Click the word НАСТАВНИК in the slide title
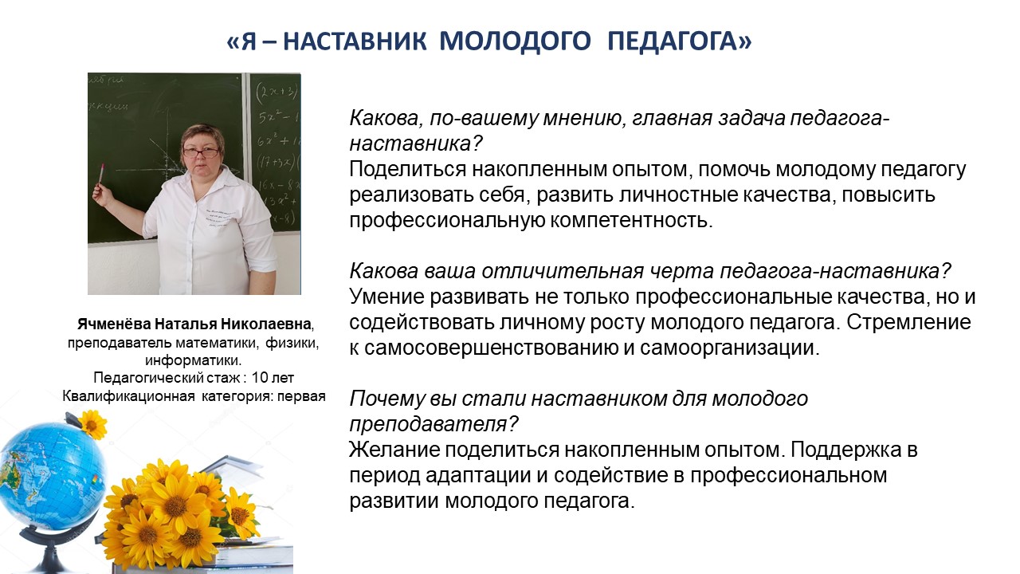pos(355,41)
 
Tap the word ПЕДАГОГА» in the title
pos(680,41)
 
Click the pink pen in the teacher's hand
pos(100,175)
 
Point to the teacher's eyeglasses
pos(200,152)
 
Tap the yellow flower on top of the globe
pos(92,424)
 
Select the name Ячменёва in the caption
pos(114,324)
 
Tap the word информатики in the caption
pos(192,360)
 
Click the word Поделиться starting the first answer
pos(408,170)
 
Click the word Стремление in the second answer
pos(909,323)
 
